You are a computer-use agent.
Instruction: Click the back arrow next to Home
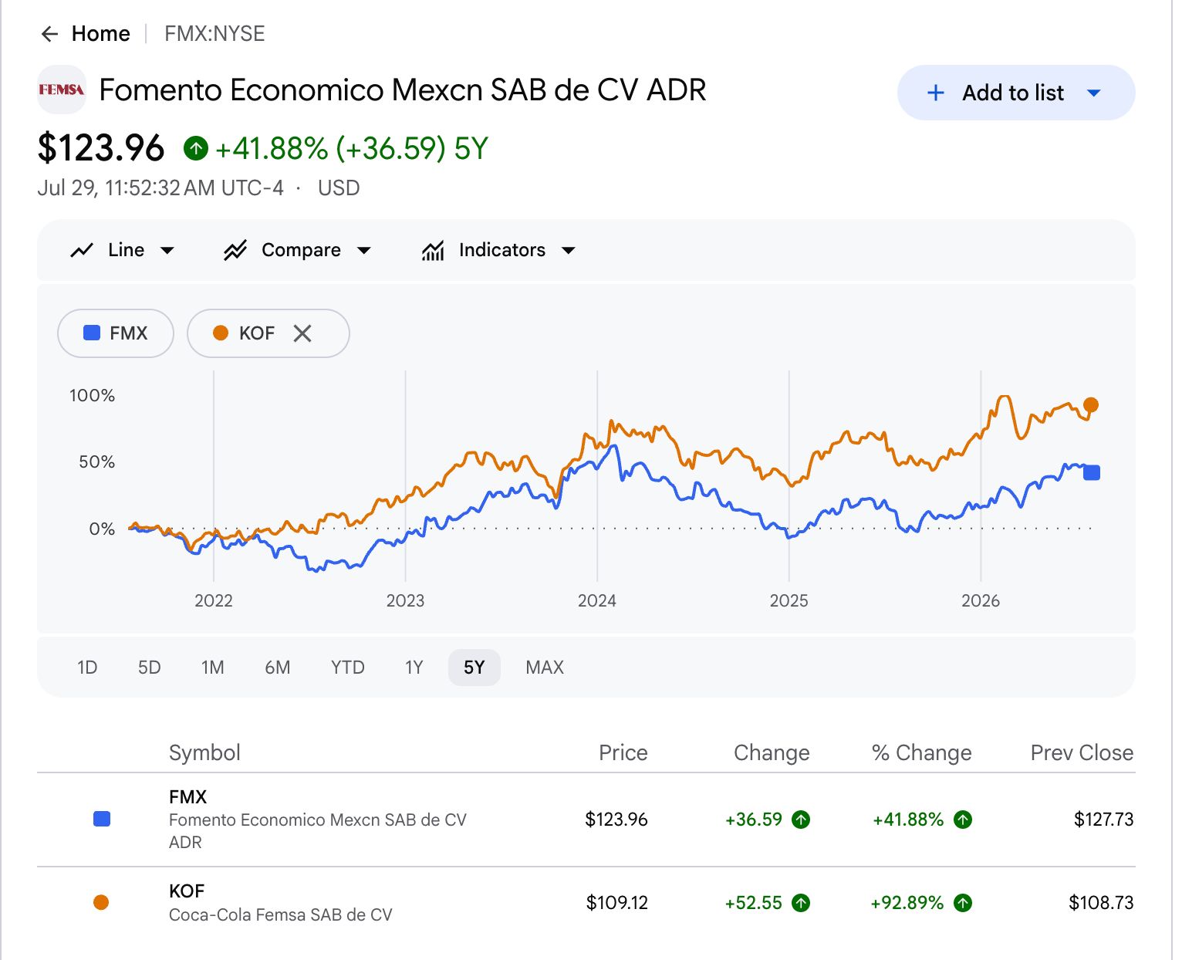click(x=50, y=34)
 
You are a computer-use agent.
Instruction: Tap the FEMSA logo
click(x=62, y=90)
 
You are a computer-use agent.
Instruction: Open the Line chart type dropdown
click(x=122, y=250)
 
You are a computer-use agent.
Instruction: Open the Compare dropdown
click(x=298, y=250)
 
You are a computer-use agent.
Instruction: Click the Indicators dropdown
click(x=498, y=250)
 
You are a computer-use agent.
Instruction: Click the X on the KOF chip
click(x=302, y=333)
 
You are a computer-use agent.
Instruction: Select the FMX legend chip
click(x=116, y=333)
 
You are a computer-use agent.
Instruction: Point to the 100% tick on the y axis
click(x=92, y=396)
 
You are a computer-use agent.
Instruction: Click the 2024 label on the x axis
click(x=597, y=600)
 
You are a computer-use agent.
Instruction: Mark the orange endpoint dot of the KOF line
click(x=1091, y=405)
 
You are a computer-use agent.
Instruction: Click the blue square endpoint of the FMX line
click(x=1092, y=473)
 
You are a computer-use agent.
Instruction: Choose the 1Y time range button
click(x=414, y=667)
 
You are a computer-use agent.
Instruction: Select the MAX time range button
click(x=545, y=667)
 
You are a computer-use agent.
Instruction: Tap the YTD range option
click(x=347, y=667)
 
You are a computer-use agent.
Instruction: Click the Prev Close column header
click(x=1082, y=753)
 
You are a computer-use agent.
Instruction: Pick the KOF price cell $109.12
click(x=616, y=903)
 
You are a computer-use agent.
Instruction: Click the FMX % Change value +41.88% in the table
click(x=908, y=820)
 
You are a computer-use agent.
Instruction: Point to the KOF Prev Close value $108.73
click(x=1101, y=903)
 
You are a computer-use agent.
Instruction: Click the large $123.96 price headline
click(x=101, y=148)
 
